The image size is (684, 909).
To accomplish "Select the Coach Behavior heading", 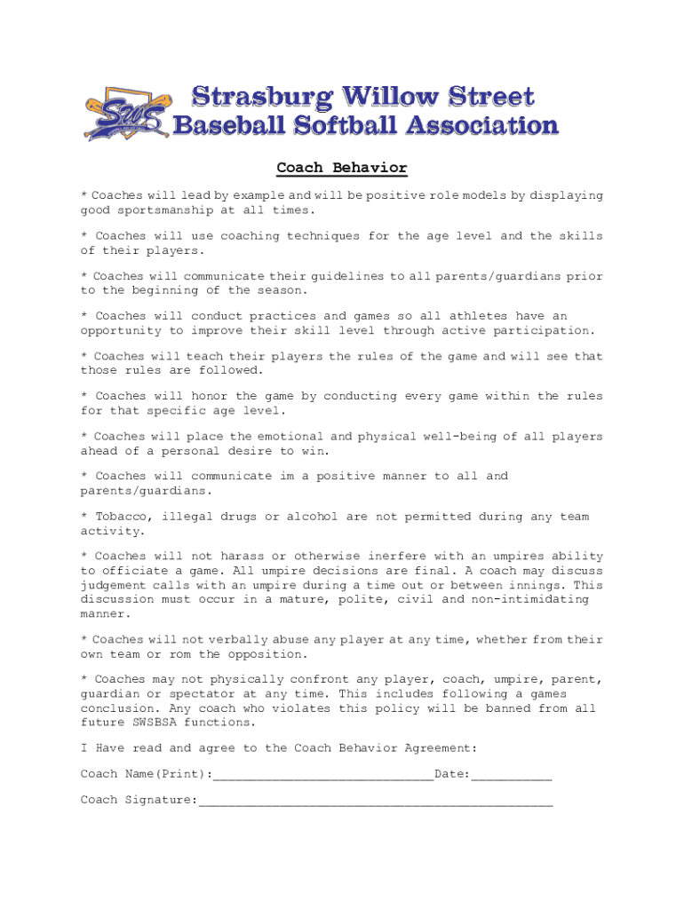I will click(342, 168).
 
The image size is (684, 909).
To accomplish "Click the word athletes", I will click(478, 316).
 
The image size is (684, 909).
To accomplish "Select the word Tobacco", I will click(121, 517).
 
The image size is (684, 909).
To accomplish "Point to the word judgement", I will click(117, 586).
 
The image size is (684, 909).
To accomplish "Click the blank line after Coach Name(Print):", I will click(323, 776).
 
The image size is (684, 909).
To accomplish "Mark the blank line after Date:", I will click(512, 776).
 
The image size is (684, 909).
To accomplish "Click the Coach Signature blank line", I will click(375, 802).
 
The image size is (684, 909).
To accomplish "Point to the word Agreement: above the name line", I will click(441, 748).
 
